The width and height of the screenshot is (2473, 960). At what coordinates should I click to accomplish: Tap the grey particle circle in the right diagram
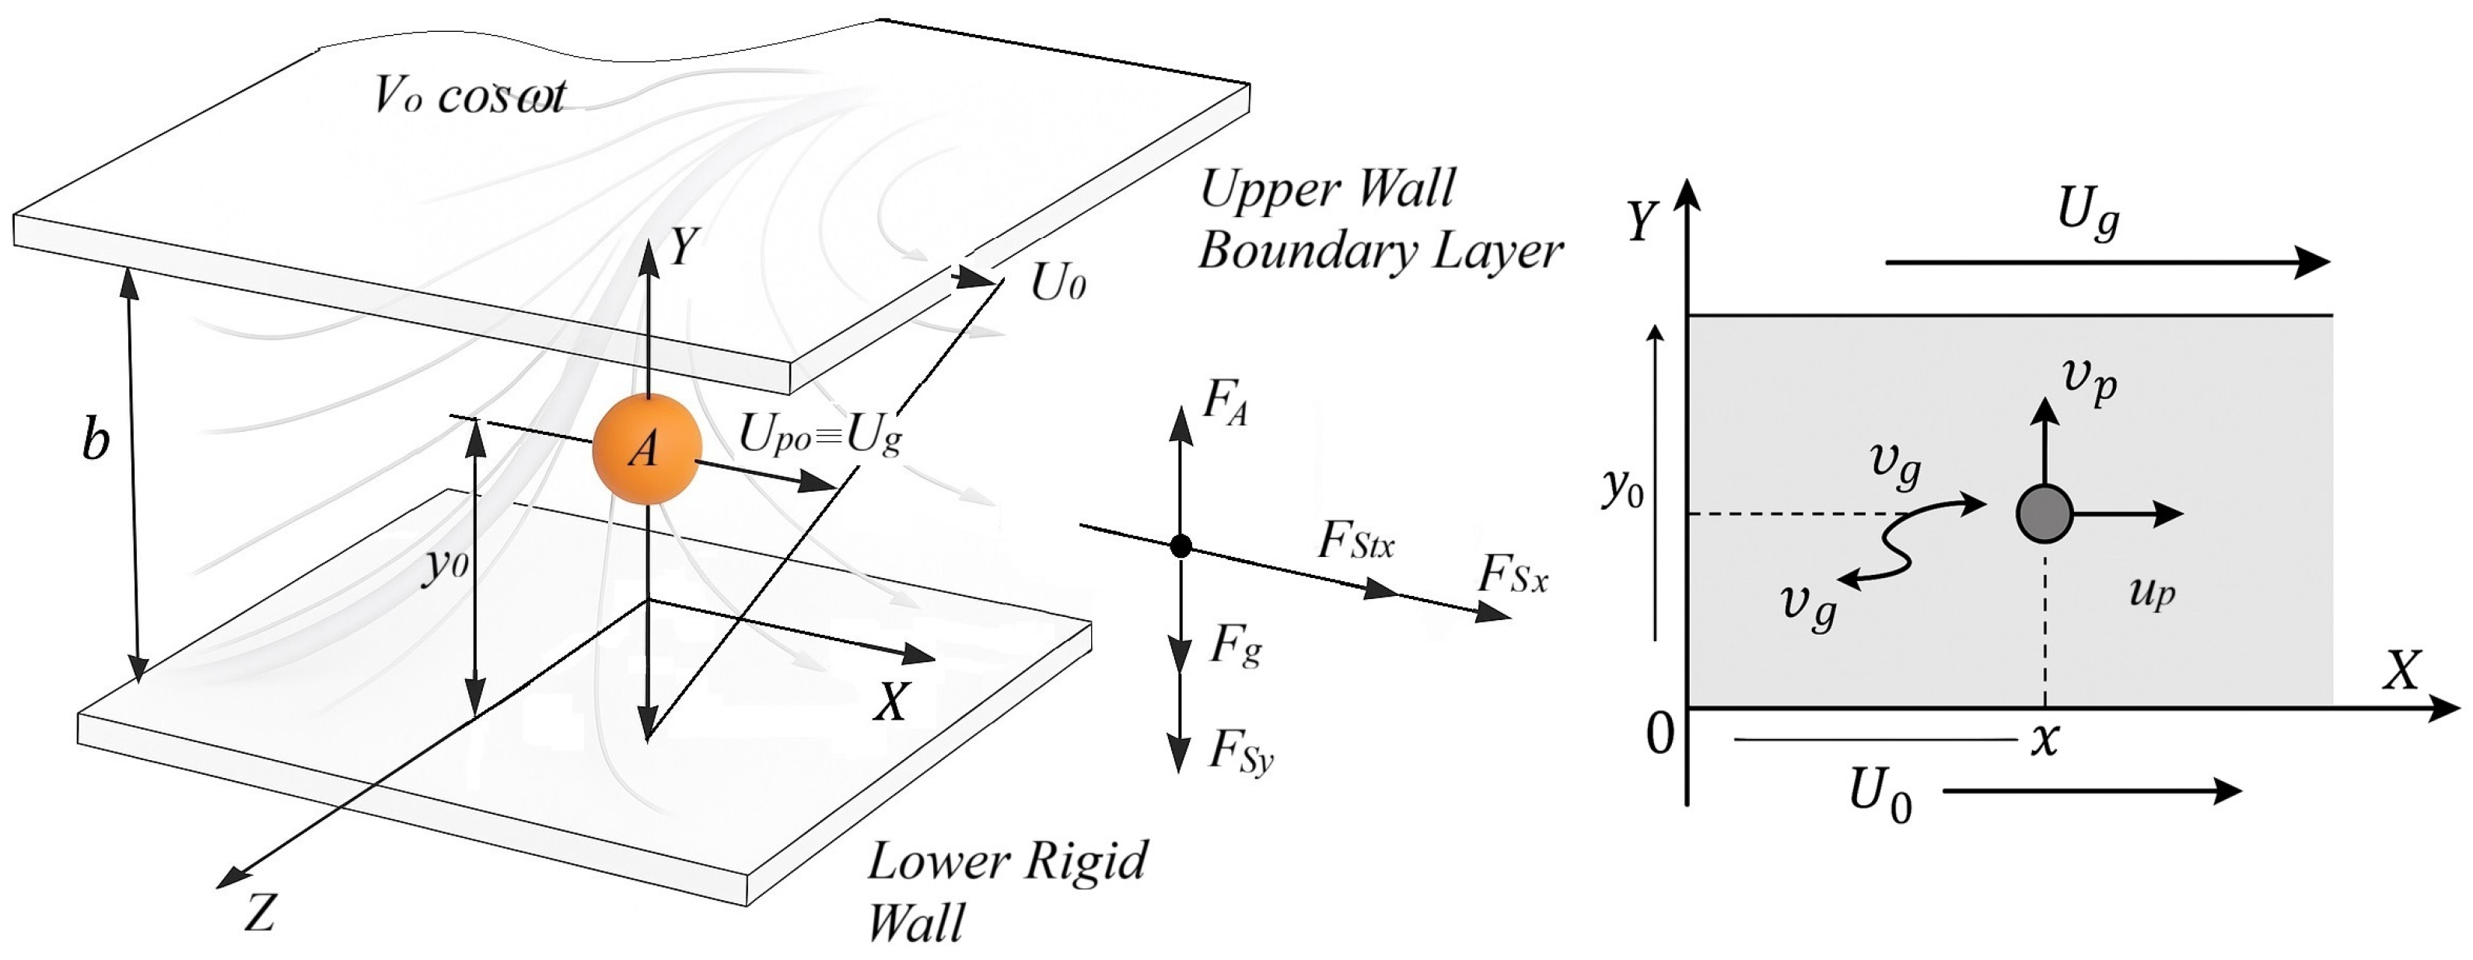coord(2044,513)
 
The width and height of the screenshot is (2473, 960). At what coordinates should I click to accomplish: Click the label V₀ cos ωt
coord(470,96)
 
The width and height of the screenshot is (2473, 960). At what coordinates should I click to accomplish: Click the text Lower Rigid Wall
coord(1006,889)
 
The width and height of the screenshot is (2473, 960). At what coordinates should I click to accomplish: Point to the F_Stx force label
coord(1355,541)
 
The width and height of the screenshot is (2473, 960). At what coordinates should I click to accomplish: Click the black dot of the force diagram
coord(1181,546)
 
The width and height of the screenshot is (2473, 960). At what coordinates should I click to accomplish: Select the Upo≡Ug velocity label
coord(820,436)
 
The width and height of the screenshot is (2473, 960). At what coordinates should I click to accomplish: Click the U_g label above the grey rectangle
coord(2088,213)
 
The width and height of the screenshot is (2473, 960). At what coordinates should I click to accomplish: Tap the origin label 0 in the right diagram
coord(1660,734)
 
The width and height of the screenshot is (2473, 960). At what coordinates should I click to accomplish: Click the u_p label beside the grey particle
coord(2151,592)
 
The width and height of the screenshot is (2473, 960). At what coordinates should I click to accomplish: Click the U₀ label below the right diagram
coord(1880,797)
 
